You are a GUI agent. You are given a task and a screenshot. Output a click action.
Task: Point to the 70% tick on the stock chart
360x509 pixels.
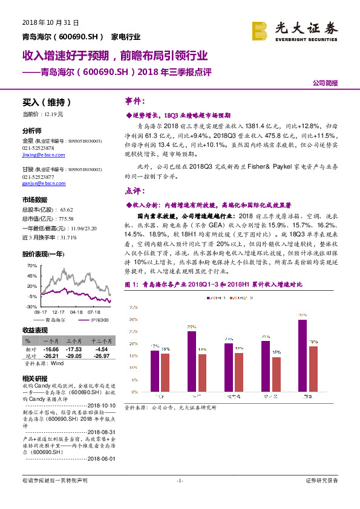pyautogui.click(x=32, y=265)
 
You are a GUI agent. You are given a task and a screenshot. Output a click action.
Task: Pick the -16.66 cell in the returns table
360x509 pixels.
pyautogui.click(x=50, y=349)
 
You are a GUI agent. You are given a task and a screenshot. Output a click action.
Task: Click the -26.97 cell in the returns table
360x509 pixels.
pyautogui.click(x=99, y=356)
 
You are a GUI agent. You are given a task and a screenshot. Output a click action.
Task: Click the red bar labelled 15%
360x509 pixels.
pyautogui.click(x=277, y=374)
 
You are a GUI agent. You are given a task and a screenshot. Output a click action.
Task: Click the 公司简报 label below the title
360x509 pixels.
pyautogui.click(x=325, y=83)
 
